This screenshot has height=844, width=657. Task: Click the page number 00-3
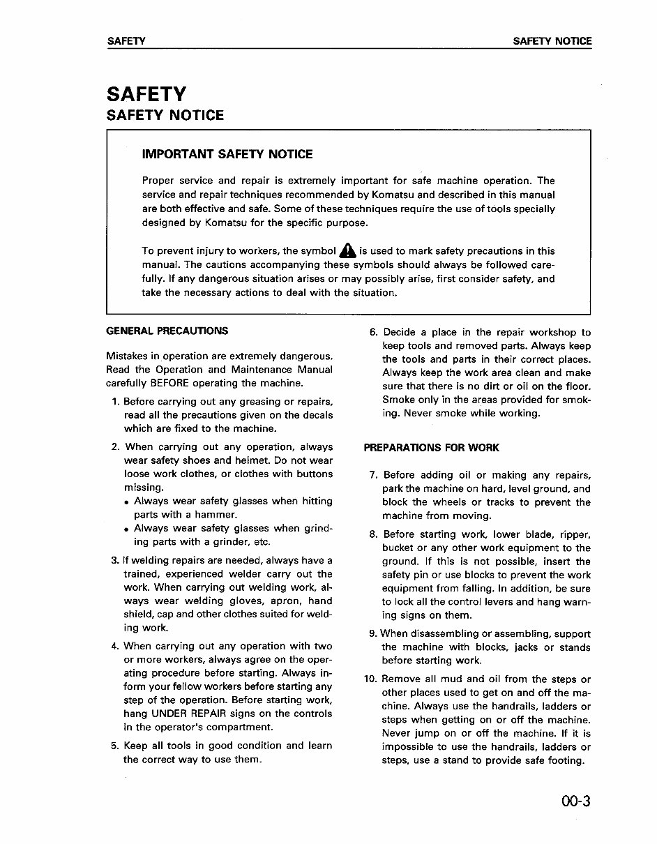574,801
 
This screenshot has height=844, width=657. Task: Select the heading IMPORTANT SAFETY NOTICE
227,154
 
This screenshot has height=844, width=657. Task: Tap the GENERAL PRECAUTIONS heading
167,331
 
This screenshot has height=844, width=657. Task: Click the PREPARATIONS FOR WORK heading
431,448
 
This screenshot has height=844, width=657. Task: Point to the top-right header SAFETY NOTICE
552,41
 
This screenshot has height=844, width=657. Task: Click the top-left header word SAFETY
126,41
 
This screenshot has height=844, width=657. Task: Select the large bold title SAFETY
146,93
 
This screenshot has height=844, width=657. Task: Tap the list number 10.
371,679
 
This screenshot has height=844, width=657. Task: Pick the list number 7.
374,476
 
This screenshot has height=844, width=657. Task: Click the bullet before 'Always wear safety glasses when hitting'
126,502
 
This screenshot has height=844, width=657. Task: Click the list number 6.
373,333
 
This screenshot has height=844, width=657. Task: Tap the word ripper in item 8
573,535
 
